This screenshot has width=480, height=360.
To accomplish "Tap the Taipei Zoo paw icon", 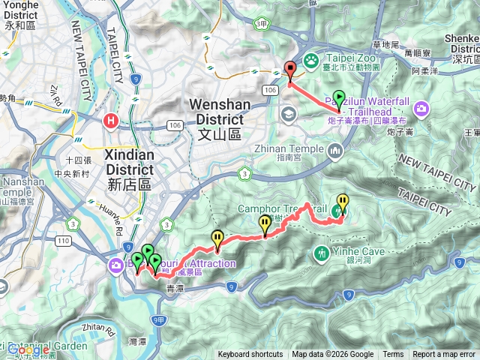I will (x=311, y=58).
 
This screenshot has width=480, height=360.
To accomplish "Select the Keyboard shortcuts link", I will (x=250, y=355).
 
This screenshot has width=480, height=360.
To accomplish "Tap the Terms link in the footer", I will (x=393, y=355).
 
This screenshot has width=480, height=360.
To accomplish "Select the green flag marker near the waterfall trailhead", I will (x=339, y=99).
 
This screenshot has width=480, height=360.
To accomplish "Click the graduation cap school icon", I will (x=288, y=113).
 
